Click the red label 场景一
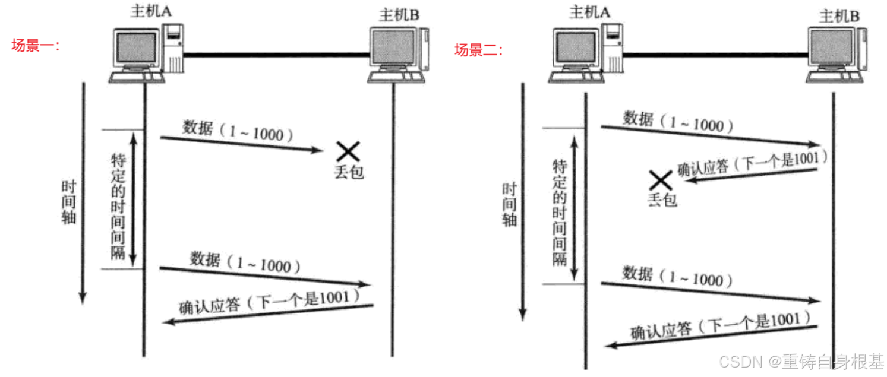click(x=36, y=46)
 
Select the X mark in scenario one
click(x=348, y=151)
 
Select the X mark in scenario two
click(x=659, y=180)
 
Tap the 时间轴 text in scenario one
click(x=69, y=202)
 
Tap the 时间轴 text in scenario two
click(x=509, y=205)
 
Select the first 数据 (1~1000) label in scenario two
click(x=677, y=122)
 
